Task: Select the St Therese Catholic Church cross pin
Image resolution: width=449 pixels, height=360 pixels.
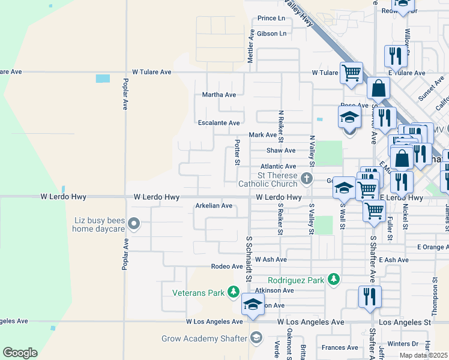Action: pos(306,178)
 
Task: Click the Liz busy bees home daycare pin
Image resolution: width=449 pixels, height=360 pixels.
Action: pos(133,224)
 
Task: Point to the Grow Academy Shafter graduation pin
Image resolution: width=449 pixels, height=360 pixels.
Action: pos(257,338)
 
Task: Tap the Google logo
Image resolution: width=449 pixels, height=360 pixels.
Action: pos(20,353)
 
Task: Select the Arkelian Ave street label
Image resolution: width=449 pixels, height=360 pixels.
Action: pos(214,206)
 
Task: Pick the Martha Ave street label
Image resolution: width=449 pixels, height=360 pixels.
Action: pos(218,95)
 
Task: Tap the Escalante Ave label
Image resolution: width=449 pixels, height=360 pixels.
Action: pos(219,123)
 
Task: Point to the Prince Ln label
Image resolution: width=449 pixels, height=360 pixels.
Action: pos(271,19)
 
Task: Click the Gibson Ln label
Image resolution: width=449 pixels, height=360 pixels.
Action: pos(271,34)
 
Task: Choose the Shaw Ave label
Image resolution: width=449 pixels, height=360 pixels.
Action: pos(281,151)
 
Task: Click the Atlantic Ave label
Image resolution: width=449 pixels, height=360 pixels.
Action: pos(278,166)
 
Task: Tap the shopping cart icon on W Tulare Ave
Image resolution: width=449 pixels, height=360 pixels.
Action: pos(351,73)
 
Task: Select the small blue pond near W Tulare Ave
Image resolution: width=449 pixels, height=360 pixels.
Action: pos(103,79)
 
